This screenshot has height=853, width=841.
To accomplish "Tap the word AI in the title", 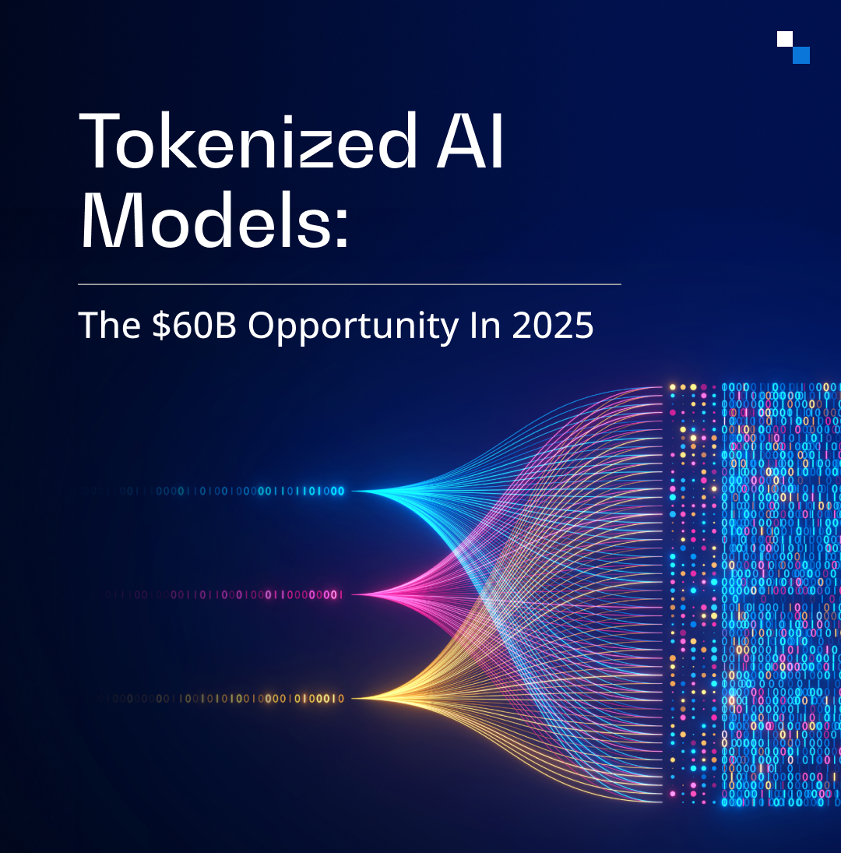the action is coord(471,142).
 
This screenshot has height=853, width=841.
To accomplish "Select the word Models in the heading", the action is coord(206,221).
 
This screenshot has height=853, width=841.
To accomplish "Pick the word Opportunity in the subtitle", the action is coord(354,327).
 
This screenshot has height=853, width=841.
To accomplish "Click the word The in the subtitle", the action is coord(110,325).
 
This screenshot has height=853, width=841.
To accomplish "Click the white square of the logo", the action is coord(785,39).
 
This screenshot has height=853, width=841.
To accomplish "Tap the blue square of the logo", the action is coord(801,55).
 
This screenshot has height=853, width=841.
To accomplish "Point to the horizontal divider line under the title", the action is coord(350,284).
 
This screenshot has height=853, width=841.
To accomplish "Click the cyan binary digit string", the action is coord(212,492).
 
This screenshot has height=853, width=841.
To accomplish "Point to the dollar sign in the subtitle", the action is coord(161,326).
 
